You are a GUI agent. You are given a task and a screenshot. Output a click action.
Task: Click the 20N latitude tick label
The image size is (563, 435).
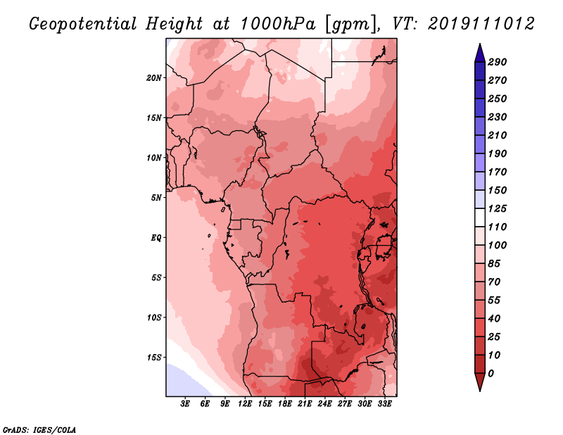154,78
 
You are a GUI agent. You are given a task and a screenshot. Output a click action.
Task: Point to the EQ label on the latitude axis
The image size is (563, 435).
156,238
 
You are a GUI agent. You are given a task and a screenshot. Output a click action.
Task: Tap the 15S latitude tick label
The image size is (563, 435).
154,358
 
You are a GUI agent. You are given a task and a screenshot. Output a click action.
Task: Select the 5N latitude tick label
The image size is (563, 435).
156,198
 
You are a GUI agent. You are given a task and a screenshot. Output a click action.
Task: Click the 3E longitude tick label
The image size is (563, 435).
185,404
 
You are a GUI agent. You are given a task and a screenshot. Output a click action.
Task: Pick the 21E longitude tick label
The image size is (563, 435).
305,404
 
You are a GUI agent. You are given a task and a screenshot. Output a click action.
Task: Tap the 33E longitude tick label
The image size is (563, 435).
384,404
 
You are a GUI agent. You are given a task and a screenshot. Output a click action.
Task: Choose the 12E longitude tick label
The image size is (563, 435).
245,404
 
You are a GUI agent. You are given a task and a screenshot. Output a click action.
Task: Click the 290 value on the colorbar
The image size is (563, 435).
498,62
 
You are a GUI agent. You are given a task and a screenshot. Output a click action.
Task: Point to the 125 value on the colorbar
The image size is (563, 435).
498,208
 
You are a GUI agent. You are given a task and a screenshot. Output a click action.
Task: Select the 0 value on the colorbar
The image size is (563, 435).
491,374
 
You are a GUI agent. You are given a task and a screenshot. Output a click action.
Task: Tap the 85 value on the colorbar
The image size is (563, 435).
494,264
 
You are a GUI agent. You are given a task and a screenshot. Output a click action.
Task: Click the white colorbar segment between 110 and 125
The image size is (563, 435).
480,217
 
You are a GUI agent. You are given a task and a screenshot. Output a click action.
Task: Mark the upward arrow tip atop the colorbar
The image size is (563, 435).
480,44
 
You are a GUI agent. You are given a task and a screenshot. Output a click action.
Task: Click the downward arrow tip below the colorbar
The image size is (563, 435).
480,391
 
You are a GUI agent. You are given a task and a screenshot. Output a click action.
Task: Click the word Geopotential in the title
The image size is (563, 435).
83,25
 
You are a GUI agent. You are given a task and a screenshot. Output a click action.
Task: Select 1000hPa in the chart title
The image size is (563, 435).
278,24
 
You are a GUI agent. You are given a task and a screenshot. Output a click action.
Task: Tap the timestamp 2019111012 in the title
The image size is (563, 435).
481,24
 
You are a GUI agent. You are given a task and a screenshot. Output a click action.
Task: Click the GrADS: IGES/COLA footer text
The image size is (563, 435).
39,430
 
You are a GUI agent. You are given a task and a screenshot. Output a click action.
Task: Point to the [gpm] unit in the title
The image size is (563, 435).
352,25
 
